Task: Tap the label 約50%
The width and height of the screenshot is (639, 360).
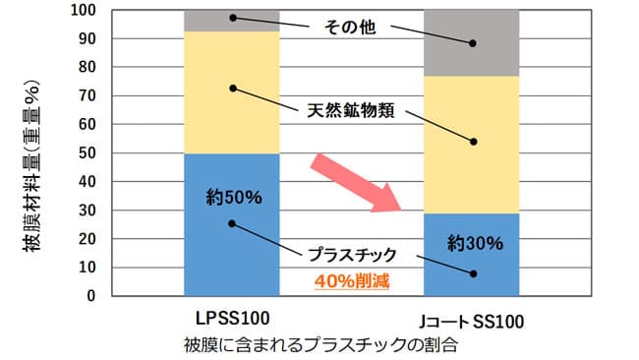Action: [x=233, y=197]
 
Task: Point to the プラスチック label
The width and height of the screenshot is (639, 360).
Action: [x=352, y=255]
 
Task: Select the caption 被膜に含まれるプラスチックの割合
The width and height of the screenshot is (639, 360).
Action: [x=320, y=345]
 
